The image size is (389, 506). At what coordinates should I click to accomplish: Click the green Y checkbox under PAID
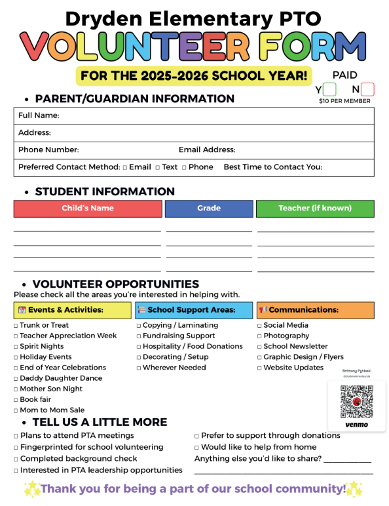click(329, 89)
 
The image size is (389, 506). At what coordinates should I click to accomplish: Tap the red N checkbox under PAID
click(367, 89)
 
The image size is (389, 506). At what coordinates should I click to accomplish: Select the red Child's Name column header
click(88, 208)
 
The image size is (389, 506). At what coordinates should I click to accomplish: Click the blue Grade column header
click(209, 208)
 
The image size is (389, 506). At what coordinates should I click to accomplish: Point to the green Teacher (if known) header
click(315, 208)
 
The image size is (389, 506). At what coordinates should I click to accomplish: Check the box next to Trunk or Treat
click(16, 326)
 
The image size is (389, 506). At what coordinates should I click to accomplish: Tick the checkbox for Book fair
click(16, 400)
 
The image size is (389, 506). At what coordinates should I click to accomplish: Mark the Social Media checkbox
click(259, 326)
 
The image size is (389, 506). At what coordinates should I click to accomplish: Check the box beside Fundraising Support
click(139, 336)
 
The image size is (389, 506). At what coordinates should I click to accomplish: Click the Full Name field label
click(39, 116)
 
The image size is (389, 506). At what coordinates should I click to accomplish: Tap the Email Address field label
click(207, 150)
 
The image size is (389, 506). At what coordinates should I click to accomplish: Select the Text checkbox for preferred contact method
click(158, 168)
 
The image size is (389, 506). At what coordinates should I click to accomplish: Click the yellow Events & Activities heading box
click(72, 310)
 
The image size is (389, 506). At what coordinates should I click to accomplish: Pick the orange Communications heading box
click(315, 310)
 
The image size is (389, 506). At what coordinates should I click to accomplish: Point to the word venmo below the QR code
click(356, 425)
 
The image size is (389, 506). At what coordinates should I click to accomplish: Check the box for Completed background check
click(16, 459)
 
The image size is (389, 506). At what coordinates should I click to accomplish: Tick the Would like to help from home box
click(196, 448)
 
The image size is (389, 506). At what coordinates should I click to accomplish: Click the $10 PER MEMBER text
click(344, 101)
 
